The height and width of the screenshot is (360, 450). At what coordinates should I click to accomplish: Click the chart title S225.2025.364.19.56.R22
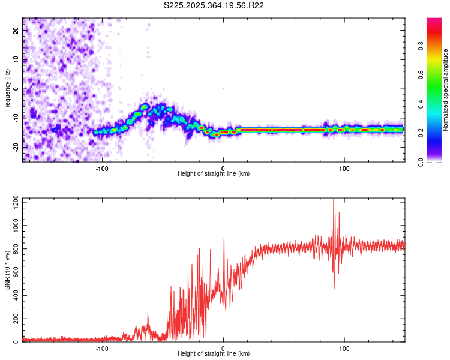(214, 5)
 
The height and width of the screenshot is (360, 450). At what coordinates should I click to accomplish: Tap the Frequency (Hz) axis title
(7, 90)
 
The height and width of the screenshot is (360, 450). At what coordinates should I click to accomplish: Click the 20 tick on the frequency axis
(17, 30)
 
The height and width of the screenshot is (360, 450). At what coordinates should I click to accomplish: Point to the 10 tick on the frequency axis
(17, 59)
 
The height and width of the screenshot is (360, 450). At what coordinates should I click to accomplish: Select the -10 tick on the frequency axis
(16, 118)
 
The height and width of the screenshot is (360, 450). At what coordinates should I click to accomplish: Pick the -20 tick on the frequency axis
(16, 147)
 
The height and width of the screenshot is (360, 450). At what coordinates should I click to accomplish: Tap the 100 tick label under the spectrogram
(344, 169)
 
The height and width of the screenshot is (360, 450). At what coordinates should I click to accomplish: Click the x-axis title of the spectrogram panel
(214, 174)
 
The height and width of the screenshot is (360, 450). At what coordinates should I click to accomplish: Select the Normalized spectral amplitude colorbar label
(446, 90)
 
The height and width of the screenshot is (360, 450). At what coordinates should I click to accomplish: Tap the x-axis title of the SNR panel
(214, 354)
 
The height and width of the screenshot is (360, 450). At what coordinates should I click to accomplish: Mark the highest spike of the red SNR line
(334, 200)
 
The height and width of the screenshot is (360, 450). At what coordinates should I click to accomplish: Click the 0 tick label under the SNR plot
(223, 348)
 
